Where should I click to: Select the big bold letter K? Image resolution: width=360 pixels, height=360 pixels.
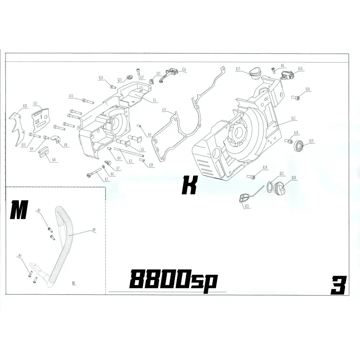coord(190,185)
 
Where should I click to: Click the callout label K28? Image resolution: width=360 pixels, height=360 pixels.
coord(25,106)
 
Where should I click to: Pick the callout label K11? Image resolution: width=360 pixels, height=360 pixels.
coord(36,103)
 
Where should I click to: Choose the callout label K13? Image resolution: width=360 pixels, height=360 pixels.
coord(293,118)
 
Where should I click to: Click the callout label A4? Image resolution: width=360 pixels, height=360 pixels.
coord(54,159)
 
